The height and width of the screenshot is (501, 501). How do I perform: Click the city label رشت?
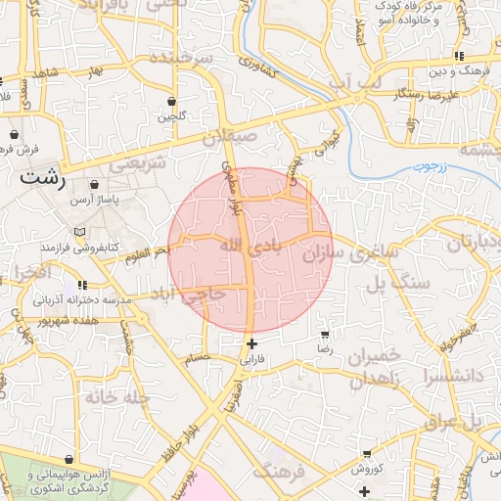pyautogui.click(x=42, y=180)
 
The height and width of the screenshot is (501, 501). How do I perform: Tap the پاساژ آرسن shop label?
pyautogui.click(x=95, y=199)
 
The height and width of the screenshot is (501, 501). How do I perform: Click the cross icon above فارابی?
pyautogui.click(x=252, y=343)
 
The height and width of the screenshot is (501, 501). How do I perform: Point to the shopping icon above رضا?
pyautogui.click(x=325, y=334)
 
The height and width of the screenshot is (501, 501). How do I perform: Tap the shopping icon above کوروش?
pyautogui.click(x=366, y=454)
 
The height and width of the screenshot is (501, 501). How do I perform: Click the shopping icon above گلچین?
pyautogui.click(x=172, y=101)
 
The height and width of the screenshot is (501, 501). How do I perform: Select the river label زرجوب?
pyautogui.click(x=427, y=166)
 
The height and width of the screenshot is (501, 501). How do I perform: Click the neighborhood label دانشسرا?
pyautogui.click(x=449, y=374)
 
